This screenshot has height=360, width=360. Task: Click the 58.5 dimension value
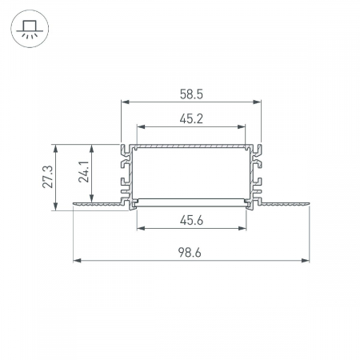[191, 94]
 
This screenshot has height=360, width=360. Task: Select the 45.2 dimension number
[191, 118]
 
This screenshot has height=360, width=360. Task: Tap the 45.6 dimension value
[191, 220]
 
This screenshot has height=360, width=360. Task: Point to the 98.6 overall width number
[190, 252]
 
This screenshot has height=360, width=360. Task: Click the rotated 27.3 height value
[48, 177]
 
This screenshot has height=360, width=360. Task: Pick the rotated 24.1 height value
[84, 171]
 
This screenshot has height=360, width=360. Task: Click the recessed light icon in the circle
[30, 29]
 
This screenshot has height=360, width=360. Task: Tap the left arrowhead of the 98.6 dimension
[77, 260]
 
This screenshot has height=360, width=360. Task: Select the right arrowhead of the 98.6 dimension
[306, 260]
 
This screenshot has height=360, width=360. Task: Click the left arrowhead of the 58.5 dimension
[125, 102]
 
